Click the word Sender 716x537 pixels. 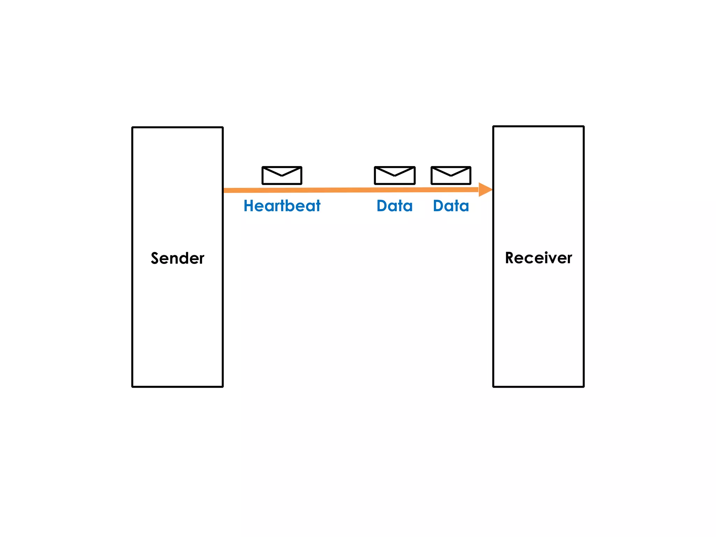click(177, 258)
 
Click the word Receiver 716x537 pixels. click(538, 258)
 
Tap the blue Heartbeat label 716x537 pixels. click(282, 206)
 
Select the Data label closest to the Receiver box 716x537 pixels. click(451, 206)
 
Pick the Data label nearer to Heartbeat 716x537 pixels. click(394, 206)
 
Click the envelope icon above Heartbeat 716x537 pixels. click(282, 176)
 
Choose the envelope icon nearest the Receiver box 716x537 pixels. click(451, 176)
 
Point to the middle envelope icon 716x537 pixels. click(395, 176)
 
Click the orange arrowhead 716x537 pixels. click(485, 189)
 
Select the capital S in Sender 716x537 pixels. click(155, 258)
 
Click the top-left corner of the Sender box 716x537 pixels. click(133, 128)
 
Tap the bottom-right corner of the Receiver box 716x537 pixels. click(583, 386)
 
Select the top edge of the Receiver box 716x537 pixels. click(538, 127)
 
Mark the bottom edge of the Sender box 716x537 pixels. click(177, 386)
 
